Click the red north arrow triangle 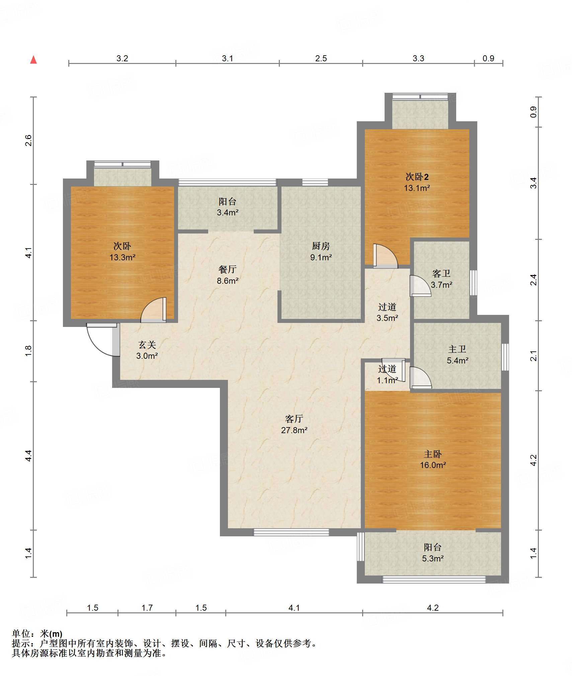click(33, 60)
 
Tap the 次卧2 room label click(417, 177)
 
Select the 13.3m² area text click(122, 257)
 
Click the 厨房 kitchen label click(321, 246)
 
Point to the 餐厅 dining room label click(227, 269)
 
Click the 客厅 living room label click(294, 419)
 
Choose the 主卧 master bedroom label click(432, 454)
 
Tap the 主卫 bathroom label click(457, 349)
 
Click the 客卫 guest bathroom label click(441, 274)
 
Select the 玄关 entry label click(147, 345)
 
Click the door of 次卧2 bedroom click(385, 256)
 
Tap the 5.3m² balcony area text click(433, 558)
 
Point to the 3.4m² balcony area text click(228, 212)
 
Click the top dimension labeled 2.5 click(321, 58)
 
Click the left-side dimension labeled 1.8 click(28, 351)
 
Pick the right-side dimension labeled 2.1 click(534, 356)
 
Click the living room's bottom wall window click(291, 532)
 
